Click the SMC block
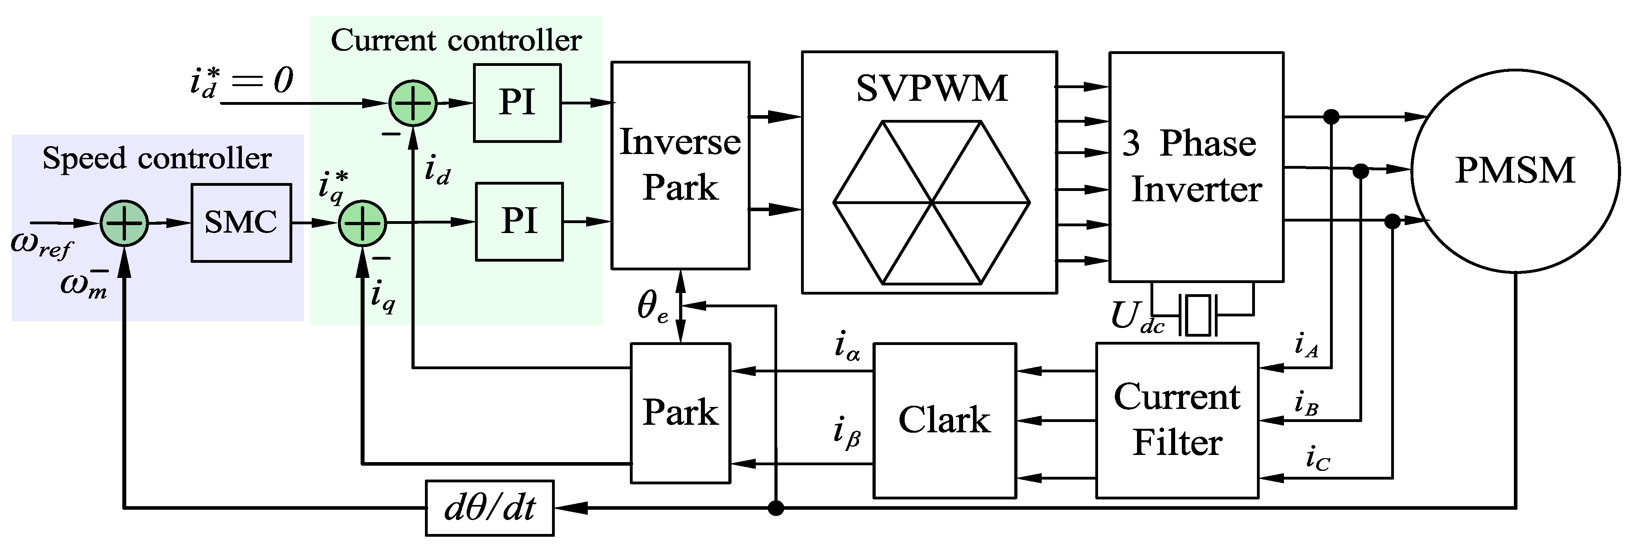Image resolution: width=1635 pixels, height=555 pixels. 241,223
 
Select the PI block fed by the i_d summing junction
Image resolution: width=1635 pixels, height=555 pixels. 517,103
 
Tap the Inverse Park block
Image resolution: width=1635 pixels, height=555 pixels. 680,165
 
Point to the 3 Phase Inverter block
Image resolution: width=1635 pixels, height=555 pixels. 1196,166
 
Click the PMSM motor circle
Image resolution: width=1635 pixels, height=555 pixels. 1514,170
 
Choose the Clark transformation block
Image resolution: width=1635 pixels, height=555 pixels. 944,420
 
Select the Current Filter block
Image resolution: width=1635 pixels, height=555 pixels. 1177,420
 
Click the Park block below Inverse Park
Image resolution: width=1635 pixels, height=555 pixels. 680,413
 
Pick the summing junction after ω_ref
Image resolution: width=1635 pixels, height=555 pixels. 124,223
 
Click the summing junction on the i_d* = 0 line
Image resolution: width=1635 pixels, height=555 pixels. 413,103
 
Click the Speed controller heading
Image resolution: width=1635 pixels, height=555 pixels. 157,158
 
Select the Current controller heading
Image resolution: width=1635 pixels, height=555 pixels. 456,40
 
